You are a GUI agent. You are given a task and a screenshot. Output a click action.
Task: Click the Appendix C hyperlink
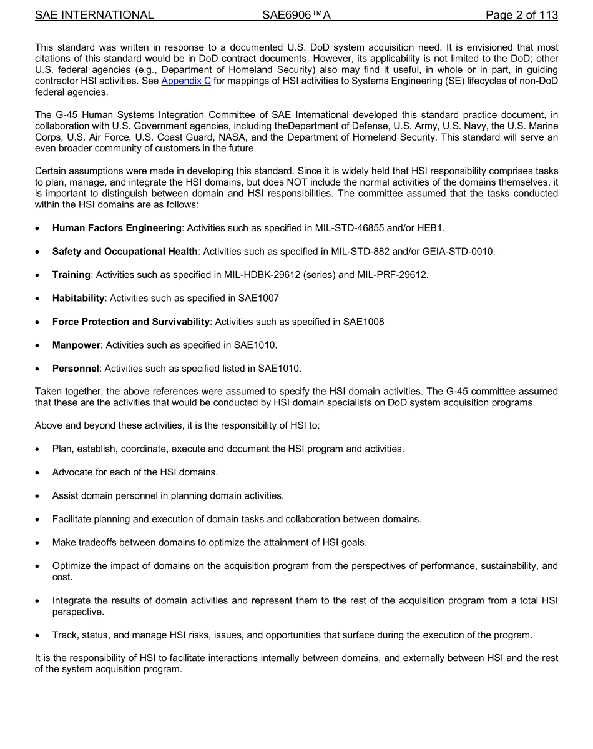click(186, 81)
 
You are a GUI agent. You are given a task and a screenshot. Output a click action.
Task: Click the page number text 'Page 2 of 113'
click(521, 15)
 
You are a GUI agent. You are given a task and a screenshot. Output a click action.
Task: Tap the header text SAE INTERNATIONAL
click(94, 15)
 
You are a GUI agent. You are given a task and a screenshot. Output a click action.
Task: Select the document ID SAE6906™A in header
click(296, 15)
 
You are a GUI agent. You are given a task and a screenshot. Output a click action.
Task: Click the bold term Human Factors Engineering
click(117, 228)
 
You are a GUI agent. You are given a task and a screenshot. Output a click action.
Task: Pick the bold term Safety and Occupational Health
click(125, 251)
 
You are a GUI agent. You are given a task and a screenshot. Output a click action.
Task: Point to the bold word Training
click(71, 275)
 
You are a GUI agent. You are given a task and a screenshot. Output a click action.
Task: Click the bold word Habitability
click(78, 298)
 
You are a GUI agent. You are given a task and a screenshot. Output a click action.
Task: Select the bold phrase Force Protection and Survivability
click(131, 322)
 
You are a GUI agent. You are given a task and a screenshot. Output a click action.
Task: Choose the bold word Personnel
click(76, 369)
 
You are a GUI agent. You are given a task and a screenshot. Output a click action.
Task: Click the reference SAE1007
click(258, 298)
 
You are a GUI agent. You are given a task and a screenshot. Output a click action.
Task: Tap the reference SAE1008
click(363, 322)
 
